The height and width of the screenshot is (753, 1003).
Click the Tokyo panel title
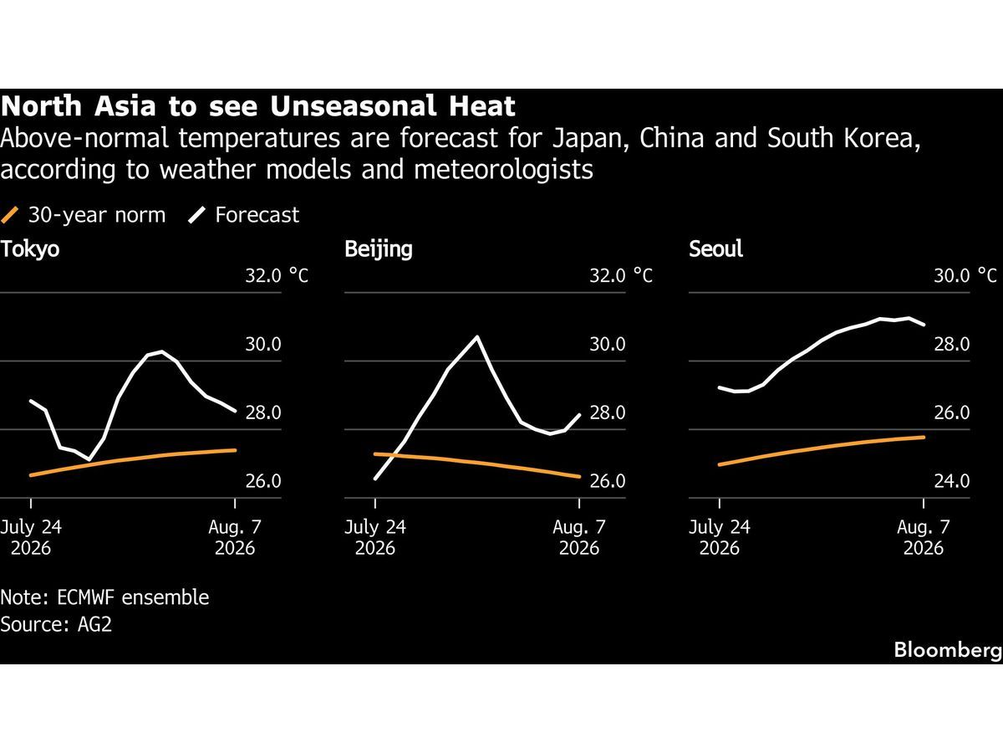[30, 249]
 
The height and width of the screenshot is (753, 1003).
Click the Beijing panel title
[379, 249]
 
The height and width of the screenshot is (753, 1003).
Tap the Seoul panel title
[715, 249]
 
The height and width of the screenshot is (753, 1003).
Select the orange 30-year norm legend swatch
[9, 215]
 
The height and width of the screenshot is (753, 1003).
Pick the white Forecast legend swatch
[196, 215]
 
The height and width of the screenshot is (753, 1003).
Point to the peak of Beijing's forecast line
[477, 337]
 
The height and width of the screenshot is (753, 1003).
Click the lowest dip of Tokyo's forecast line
[89, 459]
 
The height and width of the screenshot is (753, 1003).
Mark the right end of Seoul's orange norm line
[924, 438]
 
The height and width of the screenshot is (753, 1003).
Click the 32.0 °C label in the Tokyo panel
[277, 276]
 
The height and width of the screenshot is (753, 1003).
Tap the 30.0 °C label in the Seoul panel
[965, 276]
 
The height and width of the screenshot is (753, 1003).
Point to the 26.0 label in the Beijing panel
[608, 481]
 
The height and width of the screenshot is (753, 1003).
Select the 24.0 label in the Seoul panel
[951, 481]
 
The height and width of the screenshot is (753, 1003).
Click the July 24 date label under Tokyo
[31, 527]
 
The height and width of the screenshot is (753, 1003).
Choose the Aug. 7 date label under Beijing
[579, 527]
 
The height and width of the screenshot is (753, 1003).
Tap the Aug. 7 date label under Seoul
[924, 527]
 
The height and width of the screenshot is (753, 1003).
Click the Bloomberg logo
[948, 650]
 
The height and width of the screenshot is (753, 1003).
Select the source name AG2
[94, 624]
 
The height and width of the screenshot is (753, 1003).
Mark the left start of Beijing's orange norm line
[375, 454]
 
